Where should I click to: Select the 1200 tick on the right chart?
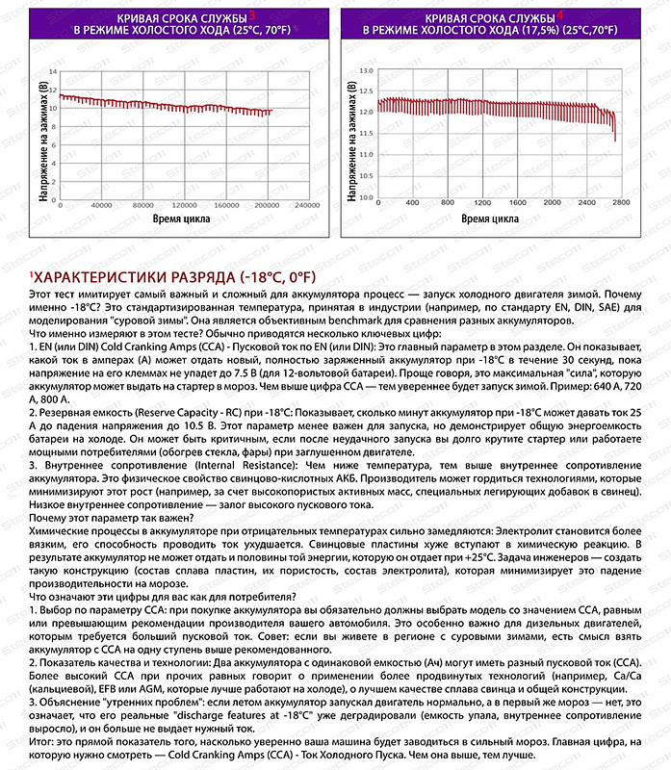[x=481, y=204]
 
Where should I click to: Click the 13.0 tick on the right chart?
[x=367, y=71]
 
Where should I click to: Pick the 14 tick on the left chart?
[x=53, y=72]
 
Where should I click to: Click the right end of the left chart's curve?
[x=271, y=112]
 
